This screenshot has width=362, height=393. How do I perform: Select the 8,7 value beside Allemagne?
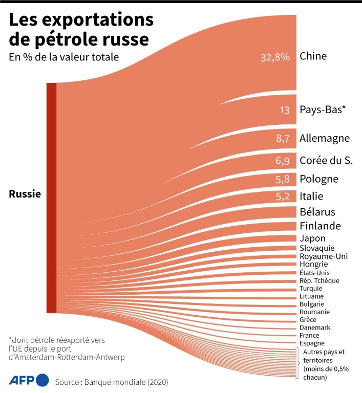(x=283, y=138)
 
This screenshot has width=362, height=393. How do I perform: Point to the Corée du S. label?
(x=326, y=160)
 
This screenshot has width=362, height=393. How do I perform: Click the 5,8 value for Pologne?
(x=283, y=179)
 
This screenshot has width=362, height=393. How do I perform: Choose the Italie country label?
(x=312, y=196)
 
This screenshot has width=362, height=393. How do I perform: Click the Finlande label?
(x=320, y=226)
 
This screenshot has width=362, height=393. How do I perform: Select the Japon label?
(x=312, y=238)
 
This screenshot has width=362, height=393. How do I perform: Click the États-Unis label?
(x=314, y=272)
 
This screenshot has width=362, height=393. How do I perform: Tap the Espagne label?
(x=312, y=343)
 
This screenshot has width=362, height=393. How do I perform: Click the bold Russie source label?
(x=25, y=194)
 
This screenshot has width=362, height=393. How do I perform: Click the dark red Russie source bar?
(x=51, y=198)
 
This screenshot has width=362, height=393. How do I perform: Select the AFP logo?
(x=29, y=380)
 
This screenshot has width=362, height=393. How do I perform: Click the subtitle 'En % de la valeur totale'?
(x=64, y=57)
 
